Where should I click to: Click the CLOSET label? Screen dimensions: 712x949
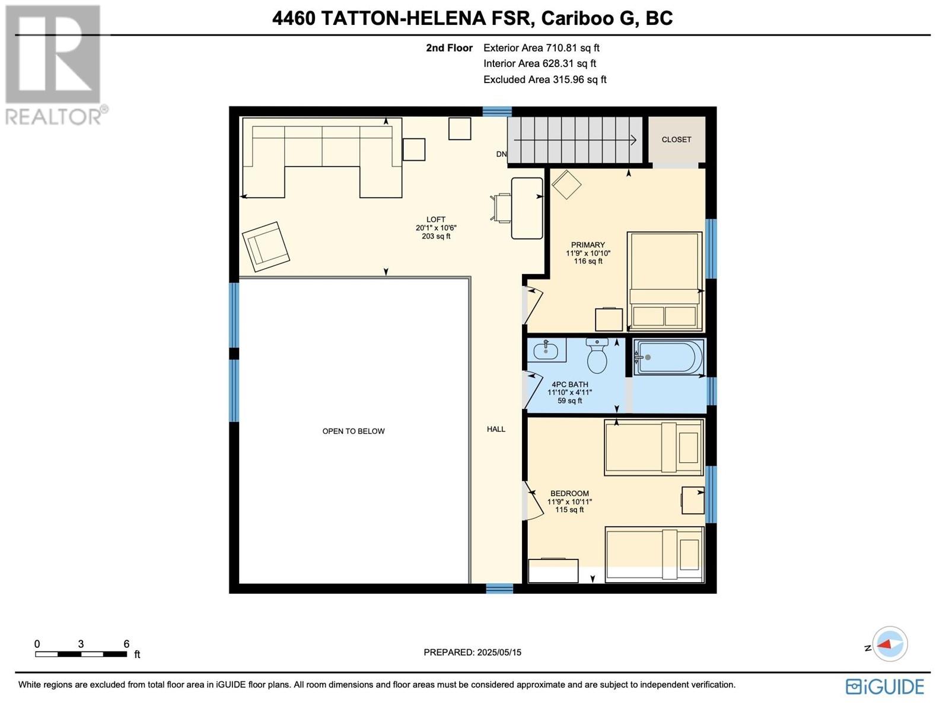click(676, 139)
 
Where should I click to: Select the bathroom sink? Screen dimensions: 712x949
click(546, 351)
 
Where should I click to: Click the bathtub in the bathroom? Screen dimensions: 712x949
click(669, 357)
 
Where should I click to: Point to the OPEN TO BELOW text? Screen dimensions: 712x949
click(354, 431)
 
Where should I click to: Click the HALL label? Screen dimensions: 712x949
click(496, 429)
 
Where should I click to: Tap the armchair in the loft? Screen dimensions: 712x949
click(266, 246)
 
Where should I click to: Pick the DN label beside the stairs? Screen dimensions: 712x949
click(501, 154)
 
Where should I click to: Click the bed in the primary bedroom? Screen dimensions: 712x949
click(665, 281)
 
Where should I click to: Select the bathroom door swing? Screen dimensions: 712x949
click(533, 389)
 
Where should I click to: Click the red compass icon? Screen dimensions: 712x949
click(890, 644)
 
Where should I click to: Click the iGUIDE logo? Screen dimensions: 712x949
click(884, 686)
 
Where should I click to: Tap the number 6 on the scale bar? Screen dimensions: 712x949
click(126, 644)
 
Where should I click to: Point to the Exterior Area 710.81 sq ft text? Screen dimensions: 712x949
click(541, 48)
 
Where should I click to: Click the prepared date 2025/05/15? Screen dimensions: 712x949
click(498, 652)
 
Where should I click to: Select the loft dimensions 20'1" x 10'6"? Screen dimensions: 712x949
click(436, 228)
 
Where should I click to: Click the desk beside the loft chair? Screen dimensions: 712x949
click(527, 208)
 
